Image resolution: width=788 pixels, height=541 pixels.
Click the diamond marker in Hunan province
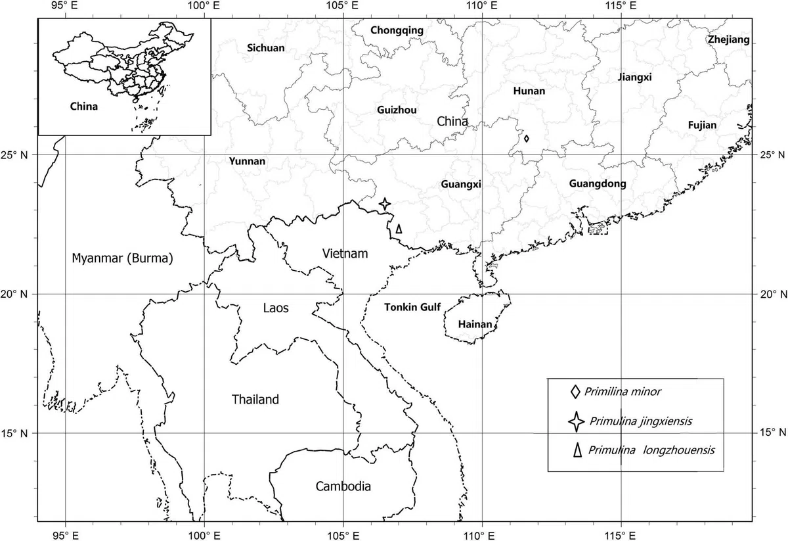(x=527, y=139)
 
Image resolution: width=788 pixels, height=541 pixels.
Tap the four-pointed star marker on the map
(x=385, y=204)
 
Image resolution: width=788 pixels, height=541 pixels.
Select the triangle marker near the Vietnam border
(x=399, y=229)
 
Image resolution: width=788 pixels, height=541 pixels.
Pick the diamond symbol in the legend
(x=575, y=392)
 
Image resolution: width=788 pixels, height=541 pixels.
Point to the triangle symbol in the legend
(x=578, y=450)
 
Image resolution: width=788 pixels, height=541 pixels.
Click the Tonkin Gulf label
(x=412, y=307)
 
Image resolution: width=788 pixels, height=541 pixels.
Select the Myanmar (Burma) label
(x=122, y=258)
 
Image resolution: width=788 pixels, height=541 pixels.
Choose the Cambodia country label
(x=343, y=486)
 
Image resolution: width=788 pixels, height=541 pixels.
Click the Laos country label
(x=275, y=308)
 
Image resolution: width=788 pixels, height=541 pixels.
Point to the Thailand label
(x=255, y=400)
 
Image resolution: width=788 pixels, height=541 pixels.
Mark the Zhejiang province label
(x=728, y=40)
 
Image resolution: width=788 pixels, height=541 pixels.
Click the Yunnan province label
(x=247, y=161)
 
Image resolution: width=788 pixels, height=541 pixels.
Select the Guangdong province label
(x=598, y=184)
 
